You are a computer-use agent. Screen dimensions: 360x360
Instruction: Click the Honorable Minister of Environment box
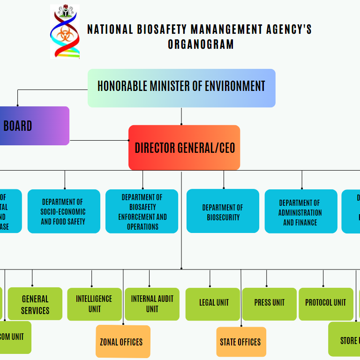181,88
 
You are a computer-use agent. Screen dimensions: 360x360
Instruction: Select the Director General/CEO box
184,148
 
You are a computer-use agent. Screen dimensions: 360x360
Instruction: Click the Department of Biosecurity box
223,211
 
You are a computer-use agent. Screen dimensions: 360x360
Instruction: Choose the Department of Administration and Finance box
300,212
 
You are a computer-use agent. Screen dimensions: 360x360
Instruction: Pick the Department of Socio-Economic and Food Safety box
64,211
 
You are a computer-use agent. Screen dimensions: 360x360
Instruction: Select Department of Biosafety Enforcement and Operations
142,211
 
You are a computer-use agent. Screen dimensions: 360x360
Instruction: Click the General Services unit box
35,304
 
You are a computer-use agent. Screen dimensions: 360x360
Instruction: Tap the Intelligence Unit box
94,304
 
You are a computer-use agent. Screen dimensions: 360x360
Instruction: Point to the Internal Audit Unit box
152,304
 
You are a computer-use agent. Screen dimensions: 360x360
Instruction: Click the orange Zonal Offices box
122,342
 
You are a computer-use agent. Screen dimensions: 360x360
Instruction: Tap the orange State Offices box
240,342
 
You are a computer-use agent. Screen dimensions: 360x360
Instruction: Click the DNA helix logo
65,32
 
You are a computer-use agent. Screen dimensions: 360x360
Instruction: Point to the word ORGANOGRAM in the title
201,45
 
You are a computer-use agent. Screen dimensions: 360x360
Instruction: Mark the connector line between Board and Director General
98,140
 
